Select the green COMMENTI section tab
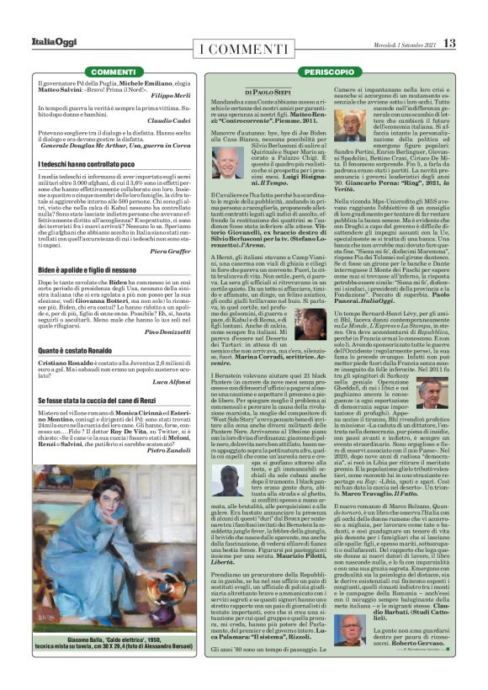point(114,73)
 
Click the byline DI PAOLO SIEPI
point(268,92)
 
